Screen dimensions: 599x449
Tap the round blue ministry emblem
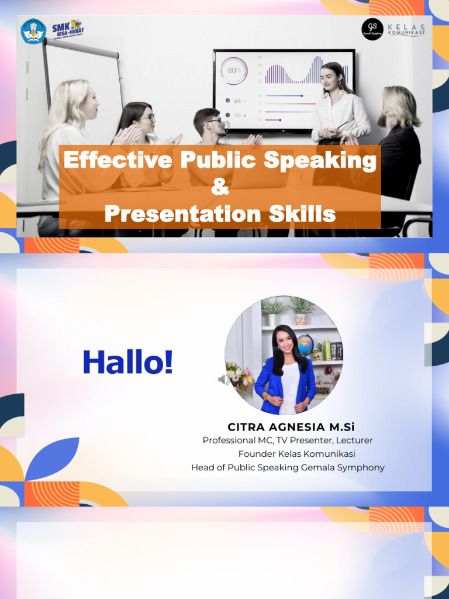[x=33, y=30]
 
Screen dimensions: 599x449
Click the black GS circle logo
[x=372, y=29]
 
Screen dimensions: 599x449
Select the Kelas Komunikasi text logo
[x=405, y=29]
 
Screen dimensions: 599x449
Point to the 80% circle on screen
[x=234, y=70]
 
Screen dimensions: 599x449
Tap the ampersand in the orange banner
[x=220, y=187]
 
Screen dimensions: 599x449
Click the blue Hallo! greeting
[x=127, y=363]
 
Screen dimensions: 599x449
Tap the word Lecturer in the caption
[x=354, y=440]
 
